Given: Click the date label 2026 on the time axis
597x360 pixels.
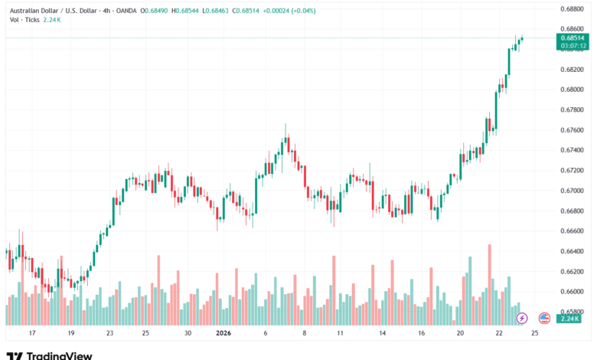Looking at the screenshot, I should pos(223,334).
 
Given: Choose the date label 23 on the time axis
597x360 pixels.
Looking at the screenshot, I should pos(109,334).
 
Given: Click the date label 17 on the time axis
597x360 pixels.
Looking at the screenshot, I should pos(31,334).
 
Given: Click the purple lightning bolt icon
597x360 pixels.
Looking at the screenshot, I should pos(522,317).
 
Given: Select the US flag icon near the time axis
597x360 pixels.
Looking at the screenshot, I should pos(544,317).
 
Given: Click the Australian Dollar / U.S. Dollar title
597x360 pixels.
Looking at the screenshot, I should pos(57,11).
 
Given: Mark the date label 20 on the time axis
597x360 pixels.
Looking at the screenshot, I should pos(460,334).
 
